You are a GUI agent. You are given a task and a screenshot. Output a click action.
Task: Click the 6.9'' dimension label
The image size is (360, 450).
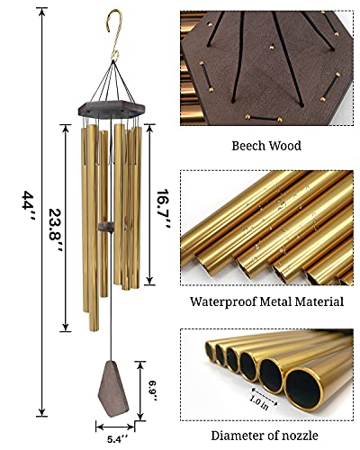coord(153,390)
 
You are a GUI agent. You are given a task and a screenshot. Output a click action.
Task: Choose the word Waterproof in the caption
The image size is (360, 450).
coord(220,302)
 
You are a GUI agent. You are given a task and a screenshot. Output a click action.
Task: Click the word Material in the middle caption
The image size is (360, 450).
coord(316,302)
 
